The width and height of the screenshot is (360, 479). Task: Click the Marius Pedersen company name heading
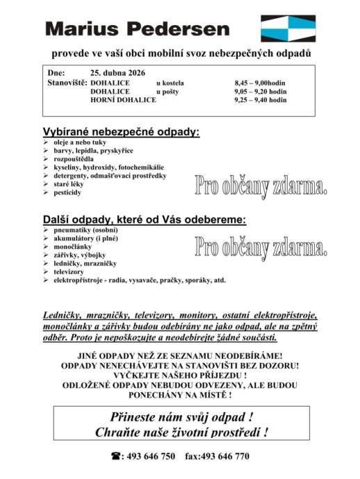coord(137,29)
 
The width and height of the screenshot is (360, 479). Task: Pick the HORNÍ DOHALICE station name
coord(123,99)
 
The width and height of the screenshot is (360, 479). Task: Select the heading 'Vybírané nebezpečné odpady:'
coord(122,131)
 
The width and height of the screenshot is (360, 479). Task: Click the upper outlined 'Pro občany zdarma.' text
coord(260,185)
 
